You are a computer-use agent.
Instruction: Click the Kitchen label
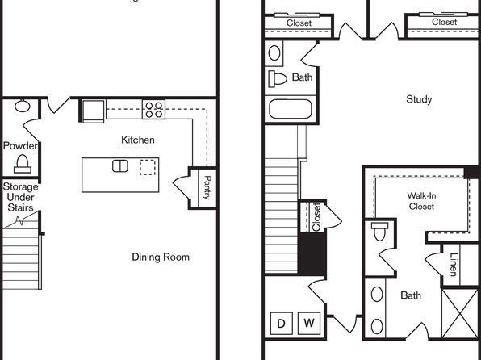click(138, 140)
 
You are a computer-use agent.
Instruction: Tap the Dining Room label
click(161, 257)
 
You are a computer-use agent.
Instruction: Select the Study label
click(419, 99)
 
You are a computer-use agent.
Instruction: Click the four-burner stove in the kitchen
click(153, 110)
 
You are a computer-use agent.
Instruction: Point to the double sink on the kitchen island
click(120, 166)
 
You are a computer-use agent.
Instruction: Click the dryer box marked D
click(282, 323)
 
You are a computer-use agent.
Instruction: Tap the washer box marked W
click(309, 323)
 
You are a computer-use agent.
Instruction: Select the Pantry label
click(207, 187)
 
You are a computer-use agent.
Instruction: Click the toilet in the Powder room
click(23, 164)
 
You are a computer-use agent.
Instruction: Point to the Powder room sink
click(23, 107)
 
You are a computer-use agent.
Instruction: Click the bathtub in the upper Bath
click(291, 109)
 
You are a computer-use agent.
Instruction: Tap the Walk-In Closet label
click(421, 201)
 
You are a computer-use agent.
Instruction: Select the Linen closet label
click(454, 264)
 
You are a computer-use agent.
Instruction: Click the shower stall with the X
click(459, 313)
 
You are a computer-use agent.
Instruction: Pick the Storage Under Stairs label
click(20, 197)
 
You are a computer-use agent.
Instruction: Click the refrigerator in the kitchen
click(94, 111)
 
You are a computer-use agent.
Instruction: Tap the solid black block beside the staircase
click(312, 253)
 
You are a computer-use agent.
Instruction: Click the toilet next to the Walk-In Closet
click(380, 232)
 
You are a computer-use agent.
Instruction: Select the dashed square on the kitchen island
click(148, 167)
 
